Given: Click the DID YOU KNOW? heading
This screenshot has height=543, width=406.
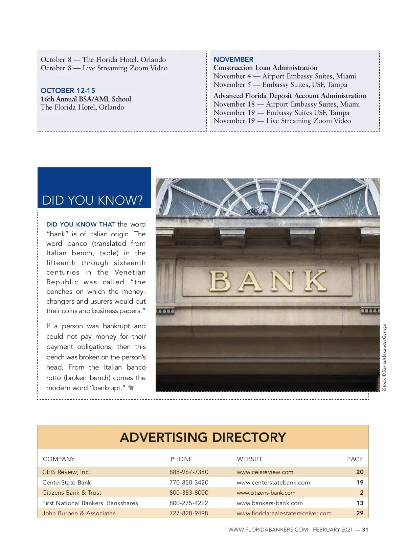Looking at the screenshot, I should coord(92,200).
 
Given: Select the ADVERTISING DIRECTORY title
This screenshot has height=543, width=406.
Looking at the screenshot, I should coord(203,438).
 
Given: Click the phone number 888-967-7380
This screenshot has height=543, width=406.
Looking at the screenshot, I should coord(189,472).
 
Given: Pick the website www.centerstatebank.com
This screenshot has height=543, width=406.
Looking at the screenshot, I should coord(273,482).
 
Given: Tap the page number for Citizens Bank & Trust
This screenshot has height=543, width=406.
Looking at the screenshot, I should coord(361,493).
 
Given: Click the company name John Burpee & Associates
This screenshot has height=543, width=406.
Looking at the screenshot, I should coord(79,513).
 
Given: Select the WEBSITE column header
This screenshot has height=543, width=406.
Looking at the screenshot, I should coord(250,459).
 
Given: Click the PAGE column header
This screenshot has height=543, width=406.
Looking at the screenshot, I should coord(355,459).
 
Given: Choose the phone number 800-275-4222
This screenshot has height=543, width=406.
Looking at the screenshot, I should coord(189,503).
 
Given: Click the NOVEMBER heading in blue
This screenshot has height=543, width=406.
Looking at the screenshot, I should coord(233,60).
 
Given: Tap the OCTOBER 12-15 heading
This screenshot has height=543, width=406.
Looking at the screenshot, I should coord(68,91).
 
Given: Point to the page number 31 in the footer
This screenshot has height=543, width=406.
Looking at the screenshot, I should coord(365,530).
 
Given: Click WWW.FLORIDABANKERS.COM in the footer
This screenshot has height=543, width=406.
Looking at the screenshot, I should coord(268,530).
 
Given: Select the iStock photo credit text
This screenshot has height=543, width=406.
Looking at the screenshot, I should coord(384,358).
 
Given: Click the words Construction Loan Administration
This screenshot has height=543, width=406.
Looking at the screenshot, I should coord(265,68).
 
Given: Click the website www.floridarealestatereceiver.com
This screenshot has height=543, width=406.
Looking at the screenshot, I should coord(284,513).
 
